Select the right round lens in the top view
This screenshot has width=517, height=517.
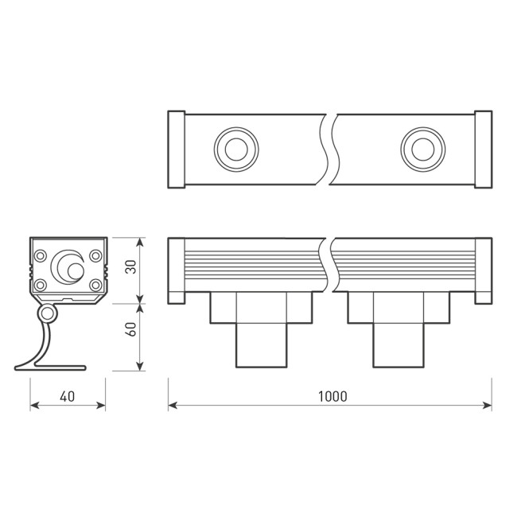[422, 148]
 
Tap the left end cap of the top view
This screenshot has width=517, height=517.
[177, 150]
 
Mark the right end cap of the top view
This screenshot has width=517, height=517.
[483, 150]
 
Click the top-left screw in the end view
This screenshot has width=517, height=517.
[38, 256]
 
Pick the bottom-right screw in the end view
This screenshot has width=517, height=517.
[95, 285]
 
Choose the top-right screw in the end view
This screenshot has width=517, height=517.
[95, 256]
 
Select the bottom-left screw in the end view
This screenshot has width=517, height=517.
[38, 285]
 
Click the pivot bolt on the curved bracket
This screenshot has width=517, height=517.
[49, 315]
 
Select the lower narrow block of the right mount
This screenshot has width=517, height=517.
[398, 345]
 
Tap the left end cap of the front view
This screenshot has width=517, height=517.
[177, 270]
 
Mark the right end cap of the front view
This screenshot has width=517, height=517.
[483, 270]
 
